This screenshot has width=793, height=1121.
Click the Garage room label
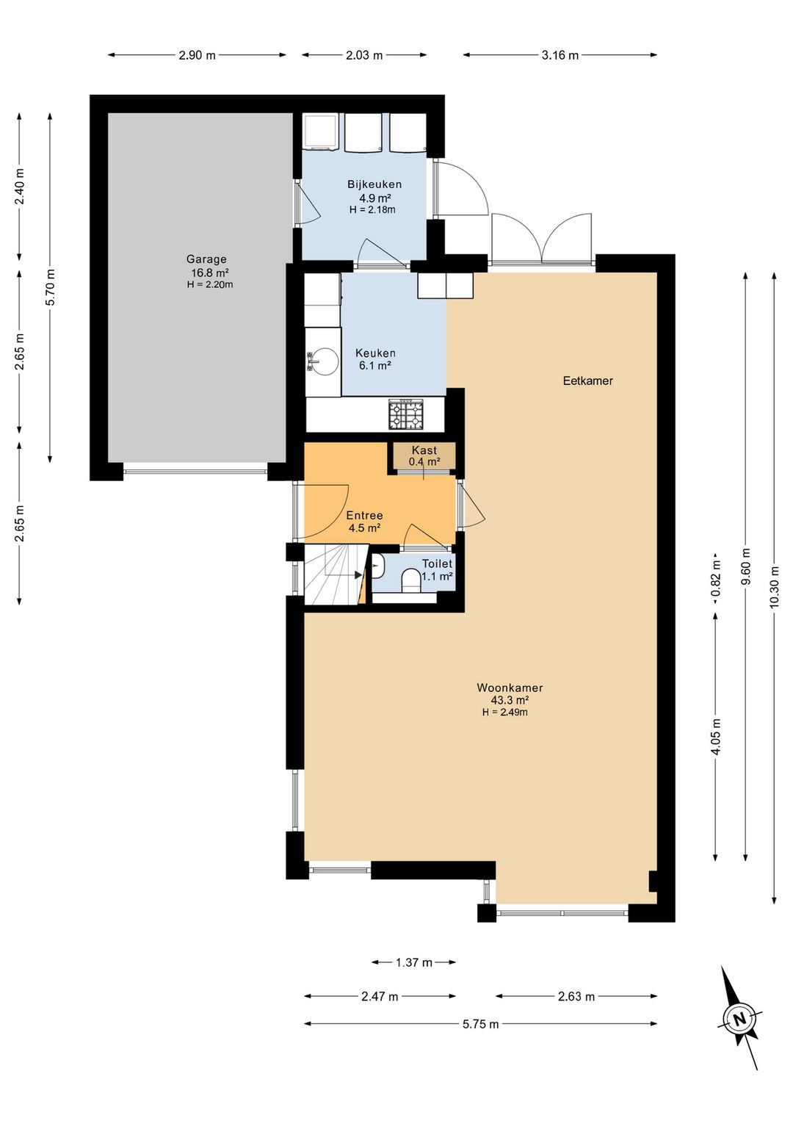[206, 259]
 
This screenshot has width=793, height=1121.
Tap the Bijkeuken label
[374, 184]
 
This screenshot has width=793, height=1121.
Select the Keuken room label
[375, 353]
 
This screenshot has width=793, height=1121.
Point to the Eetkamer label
[588, 381]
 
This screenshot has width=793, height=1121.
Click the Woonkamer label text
[510, 688]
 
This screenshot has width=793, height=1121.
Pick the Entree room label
[365, 515]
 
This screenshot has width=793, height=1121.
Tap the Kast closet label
[424, 450]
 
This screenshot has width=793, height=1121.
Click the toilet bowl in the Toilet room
[411, 580]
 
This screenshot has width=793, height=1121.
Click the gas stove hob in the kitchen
[406, 414]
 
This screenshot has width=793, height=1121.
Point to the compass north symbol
[739, 1018]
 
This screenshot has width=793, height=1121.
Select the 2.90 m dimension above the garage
[197, 55]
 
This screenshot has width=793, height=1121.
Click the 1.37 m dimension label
[414, 962]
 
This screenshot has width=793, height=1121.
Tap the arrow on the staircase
[358, 575]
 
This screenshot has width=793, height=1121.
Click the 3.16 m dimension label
[560, 55]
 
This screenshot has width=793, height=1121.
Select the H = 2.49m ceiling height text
[505, 712]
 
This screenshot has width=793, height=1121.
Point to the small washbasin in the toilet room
[378, 566]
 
